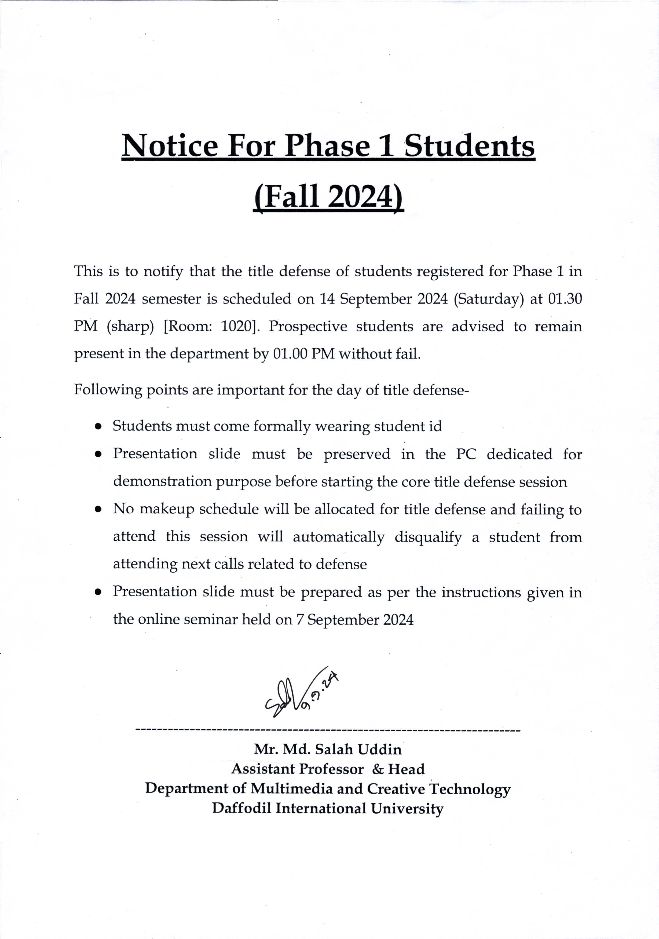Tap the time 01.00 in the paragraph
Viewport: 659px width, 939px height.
tap(290, 354)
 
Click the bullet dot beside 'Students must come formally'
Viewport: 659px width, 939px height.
tap(98, 426)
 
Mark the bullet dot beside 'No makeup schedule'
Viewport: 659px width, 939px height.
tap(98, 510)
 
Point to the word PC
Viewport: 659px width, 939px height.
tap(466, 454)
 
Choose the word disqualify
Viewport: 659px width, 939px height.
tap(428, 537)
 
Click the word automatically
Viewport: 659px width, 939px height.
tap(339, 537)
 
